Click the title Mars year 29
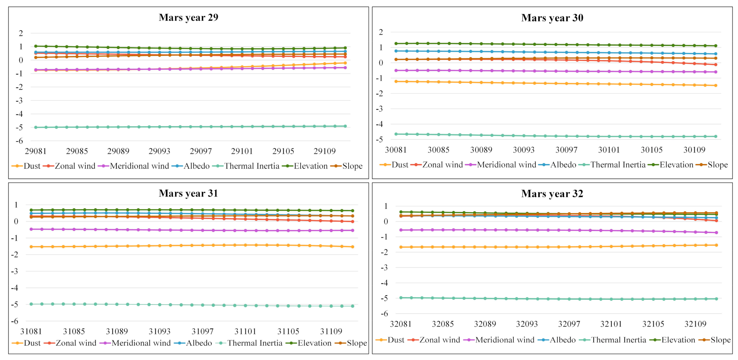coord(188,17)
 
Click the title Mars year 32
coord(552,194)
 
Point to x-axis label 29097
coord(200,151)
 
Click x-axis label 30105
coord(651,150)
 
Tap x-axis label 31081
coord(31,331)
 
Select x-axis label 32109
coord(695,324)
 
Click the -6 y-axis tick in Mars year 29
coord(21,141)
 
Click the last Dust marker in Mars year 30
coord(716,85)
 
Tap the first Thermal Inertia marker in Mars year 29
coord(36,127)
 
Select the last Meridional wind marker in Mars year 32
coord(716,233)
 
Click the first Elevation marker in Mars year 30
coord(396,44)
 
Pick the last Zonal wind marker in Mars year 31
coord(352,222)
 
